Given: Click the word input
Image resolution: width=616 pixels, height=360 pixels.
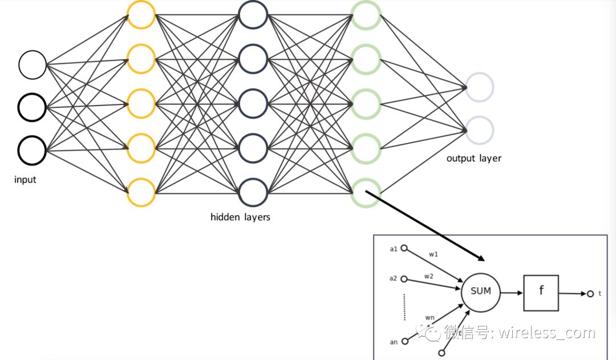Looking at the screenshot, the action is (x=25, y=180).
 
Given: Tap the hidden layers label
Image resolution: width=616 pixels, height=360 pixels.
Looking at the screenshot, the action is (x=241, y=217).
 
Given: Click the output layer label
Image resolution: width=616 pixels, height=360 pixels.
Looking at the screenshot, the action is (x=474, y=159).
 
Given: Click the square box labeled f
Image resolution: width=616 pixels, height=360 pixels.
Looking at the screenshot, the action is (x=524, y=293).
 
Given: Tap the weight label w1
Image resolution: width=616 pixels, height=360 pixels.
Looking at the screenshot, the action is (x=433, y=254).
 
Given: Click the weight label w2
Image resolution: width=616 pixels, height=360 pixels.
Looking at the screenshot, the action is (x=428, y=276).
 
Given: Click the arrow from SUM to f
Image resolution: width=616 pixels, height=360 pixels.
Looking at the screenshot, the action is (x=512, y=293).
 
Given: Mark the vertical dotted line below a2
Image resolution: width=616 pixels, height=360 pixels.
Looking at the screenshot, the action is (x=404, y=307).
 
